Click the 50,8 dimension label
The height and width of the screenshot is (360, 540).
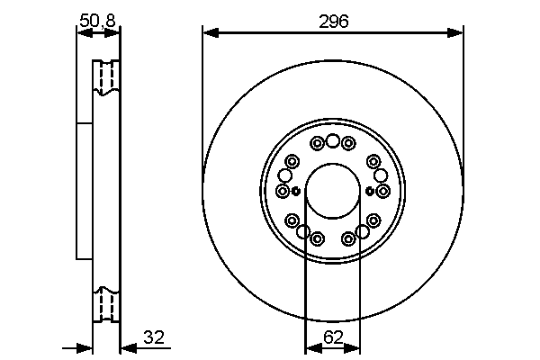tap(98, 19)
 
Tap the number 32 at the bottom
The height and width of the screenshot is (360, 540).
tap(154, 338)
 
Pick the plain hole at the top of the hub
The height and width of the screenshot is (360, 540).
tap(332, 140)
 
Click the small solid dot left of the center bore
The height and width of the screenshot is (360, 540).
tap(295, 191)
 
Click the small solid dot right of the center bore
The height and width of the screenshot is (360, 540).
tap(370, 191)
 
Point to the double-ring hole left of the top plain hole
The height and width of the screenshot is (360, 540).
tap(317, 143)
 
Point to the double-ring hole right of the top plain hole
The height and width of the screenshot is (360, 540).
tap(348, 143)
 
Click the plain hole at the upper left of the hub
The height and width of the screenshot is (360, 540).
tap(290, 175)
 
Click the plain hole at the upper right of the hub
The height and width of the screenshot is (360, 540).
tap(380, 175)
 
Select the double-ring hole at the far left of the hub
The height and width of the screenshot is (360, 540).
tap(283, 191)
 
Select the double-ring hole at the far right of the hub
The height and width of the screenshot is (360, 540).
tap(382, 191)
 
